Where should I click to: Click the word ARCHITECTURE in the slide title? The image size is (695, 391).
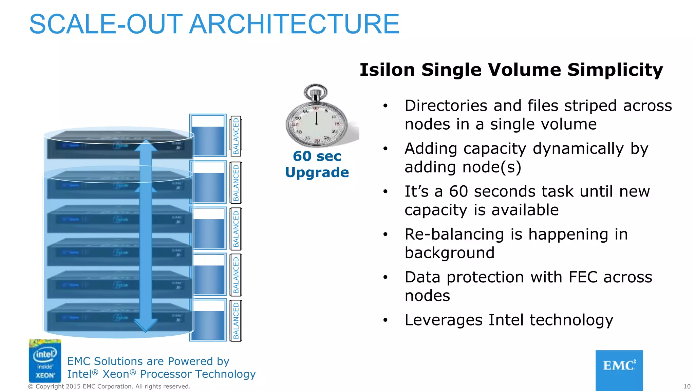(x=294, y=24)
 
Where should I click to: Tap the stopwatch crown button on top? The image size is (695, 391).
(x=316, y=92)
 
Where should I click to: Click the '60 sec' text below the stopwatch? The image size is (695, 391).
(x=317, y=156)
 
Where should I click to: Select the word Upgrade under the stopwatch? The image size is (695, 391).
(x=317, y=172)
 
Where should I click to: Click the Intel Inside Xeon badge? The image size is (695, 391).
(x=45, y=361)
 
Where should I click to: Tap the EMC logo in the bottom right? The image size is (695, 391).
(x=619, y=370)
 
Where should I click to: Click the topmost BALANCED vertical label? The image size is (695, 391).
(x=236, y=136)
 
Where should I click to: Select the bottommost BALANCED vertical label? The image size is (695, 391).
(x=236, y=321)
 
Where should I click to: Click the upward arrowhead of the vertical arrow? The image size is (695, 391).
(x=146, y=145)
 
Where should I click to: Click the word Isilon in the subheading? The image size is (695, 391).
(x=387, y=70)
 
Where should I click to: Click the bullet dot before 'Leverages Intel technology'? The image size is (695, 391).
(x=385, y=320)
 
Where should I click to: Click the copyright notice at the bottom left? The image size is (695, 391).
(x=109, y=386)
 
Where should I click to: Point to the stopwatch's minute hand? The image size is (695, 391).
(x=316, y=117)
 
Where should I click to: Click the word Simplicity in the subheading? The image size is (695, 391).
(x=615, y=70)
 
